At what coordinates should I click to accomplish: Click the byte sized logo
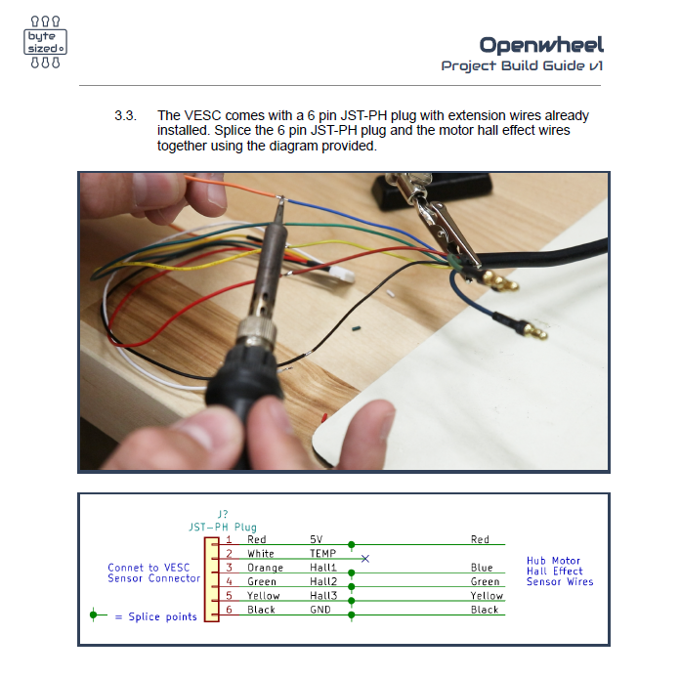click(45, 42)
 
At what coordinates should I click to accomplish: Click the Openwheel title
click(541, 44)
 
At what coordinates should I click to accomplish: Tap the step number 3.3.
click(126, 115)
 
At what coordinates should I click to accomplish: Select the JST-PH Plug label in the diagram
click(223, 526)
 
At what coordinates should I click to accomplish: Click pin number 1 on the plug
click(229, 539)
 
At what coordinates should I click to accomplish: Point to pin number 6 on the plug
click(229, 610)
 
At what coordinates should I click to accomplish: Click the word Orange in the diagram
click(265, 568)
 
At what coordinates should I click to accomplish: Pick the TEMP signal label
click(322, 554)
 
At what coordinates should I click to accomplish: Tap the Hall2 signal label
click(322, 581)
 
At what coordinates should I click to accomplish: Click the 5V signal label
click(317, 539)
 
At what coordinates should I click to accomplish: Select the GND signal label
click(320, 610)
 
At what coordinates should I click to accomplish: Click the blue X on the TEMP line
click(364, 558)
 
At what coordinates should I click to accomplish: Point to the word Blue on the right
click(481, 568)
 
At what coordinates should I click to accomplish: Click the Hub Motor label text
click(553, 562)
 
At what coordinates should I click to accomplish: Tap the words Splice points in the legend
click(163, 616)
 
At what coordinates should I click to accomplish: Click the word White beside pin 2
click(261, 554)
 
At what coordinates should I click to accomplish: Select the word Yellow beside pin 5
click(264, 596)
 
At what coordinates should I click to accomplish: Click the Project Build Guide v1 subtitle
click(522, 66)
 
